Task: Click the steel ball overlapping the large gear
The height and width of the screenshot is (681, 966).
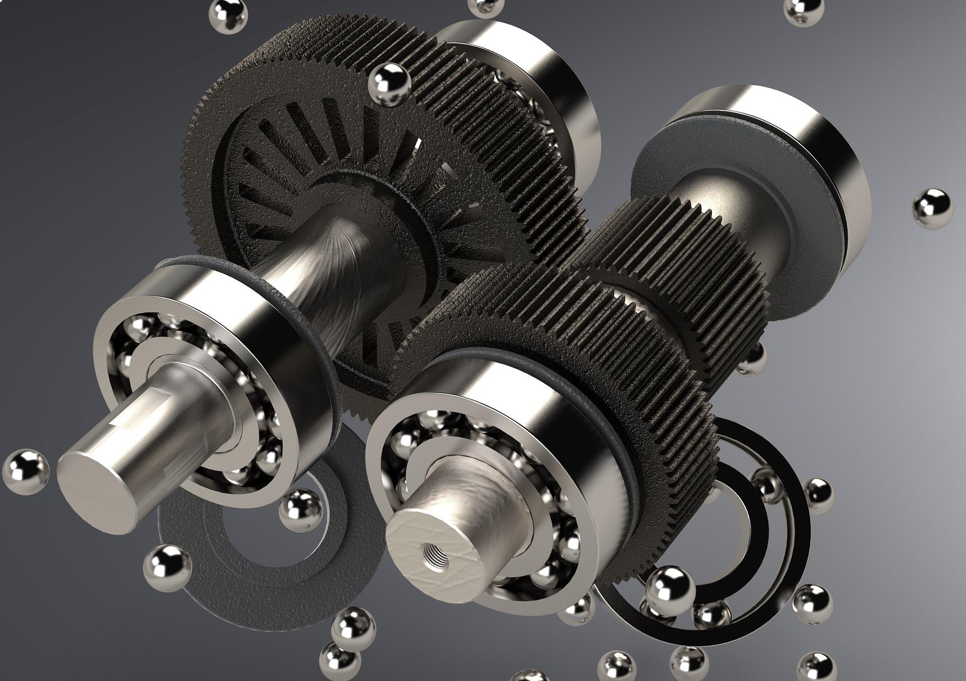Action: (x=389, y=86)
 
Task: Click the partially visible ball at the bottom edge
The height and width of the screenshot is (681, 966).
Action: (x=528, y=676)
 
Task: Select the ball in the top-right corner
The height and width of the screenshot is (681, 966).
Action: (x=803, y=11)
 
